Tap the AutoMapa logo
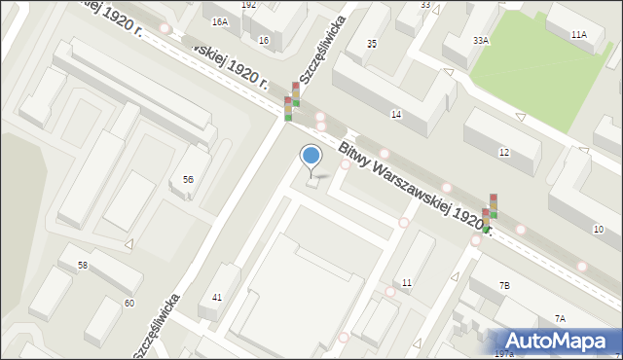559,341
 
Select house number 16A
220,21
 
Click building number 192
249,5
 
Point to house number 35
371,45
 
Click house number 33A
480,41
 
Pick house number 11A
579,34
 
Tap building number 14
396,115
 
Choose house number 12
503,153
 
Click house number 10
598,229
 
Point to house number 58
83,266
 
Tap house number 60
128,303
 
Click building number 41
217,297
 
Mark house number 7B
504,285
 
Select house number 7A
560,319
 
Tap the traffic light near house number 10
490,214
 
